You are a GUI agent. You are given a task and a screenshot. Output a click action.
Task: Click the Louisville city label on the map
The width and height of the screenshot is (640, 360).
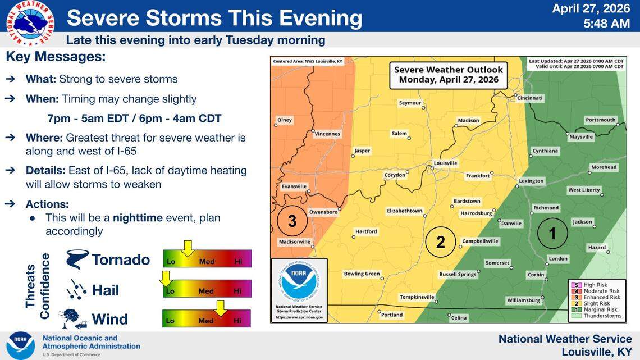(x=446, y=163)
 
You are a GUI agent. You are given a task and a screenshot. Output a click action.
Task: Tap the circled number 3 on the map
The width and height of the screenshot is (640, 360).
(x=292, y=221)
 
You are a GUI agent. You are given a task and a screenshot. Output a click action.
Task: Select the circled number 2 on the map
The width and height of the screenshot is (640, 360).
(x=440, y=242)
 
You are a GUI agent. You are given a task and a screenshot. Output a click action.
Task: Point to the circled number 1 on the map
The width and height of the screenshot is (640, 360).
(x=552, y=233)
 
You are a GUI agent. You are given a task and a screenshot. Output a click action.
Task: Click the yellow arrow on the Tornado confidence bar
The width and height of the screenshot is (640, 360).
(x=188, y=248)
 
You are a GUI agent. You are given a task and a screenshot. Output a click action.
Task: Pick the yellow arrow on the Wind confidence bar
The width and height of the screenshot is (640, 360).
(x=220, y=308)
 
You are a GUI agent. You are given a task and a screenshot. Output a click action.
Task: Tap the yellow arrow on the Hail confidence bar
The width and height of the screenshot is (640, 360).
(x=165, y=278)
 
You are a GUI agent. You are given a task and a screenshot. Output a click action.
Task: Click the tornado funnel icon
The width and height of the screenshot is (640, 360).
(x=77, y=259)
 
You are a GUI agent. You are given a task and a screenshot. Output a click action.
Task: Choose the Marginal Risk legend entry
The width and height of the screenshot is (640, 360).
(x=600, y=310)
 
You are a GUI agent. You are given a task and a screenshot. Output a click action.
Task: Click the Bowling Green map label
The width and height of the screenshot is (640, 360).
(x=362, y=274)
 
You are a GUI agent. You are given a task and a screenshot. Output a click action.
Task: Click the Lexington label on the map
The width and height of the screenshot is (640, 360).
(x=531, y=181)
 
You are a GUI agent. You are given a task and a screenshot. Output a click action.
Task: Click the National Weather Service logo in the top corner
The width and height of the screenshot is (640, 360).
(x=30, y=23)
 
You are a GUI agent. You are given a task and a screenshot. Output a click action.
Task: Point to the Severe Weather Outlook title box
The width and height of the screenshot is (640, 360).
(x=449, y=75)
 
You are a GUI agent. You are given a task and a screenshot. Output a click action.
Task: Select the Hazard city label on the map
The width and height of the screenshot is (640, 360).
(x=597, y=248)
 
